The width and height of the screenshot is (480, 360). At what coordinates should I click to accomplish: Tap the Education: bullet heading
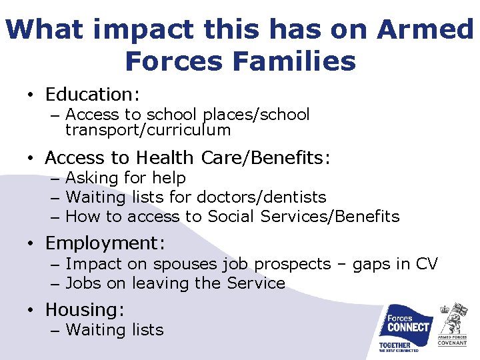click(93, 94)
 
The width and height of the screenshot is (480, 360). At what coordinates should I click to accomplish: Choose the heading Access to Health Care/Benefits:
click(187, 158)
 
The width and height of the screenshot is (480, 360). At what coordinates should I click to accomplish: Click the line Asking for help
click(125, 178)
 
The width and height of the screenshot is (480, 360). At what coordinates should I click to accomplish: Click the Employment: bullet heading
click(105, 243)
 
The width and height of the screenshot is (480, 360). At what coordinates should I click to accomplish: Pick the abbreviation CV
click(426, 264)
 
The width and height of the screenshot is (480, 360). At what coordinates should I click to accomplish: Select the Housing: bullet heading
click(85, 310)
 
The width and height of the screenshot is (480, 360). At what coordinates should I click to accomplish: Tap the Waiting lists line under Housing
click(115, 330)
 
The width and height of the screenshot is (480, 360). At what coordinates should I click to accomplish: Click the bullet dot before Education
click(31, 95)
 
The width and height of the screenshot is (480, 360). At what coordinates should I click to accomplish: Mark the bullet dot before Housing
click(31, 311)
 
